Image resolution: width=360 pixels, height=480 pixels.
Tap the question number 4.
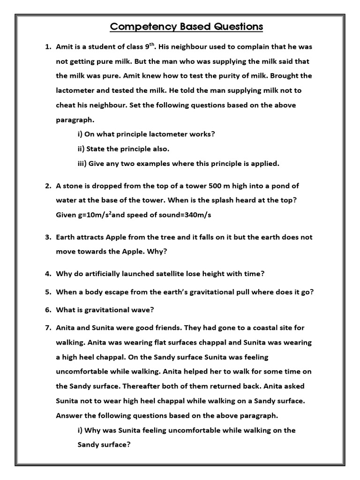48,273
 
